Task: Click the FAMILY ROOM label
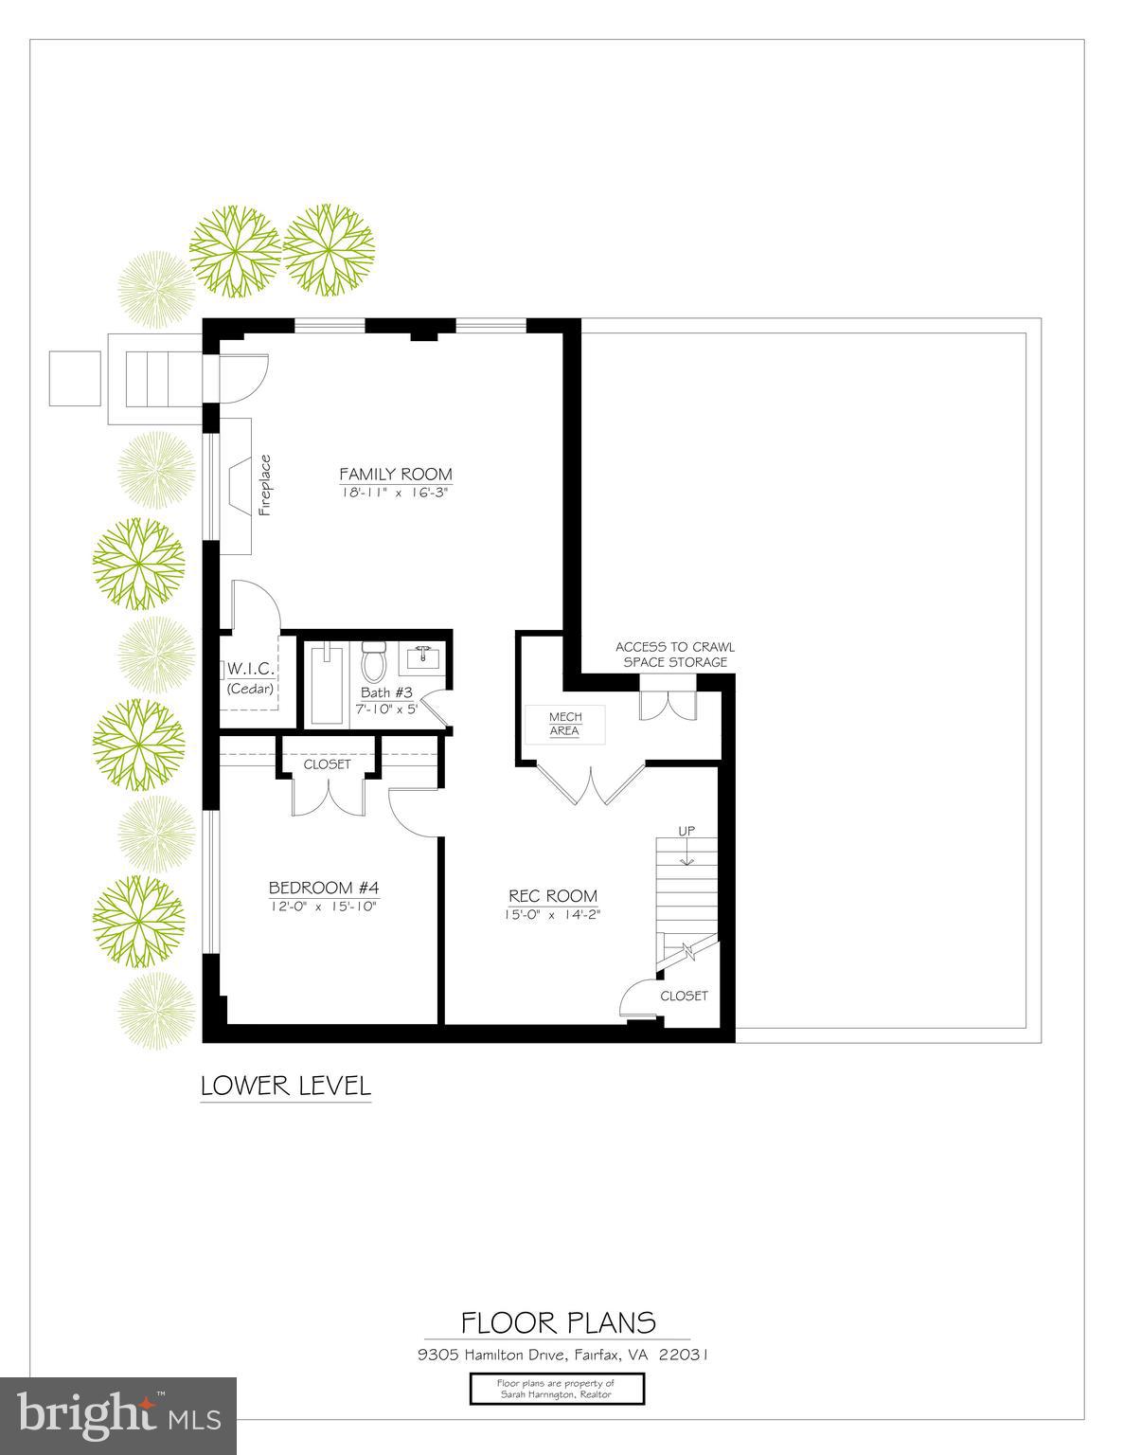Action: tap(396, 474)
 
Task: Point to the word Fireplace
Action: tap(265, 485)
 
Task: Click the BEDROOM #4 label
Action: tap(324, 888)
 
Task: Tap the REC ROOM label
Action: tap(553, 895)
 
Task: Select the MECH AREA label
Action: tap(565, 724)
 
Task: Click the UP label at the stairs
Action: tap(686, 831)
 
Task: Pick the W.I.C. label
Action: tap(250, 670)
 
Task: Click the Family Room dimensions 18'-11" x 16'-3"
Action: tap(396, 493)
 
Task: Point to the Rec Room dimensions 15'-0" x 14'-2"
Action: tap(553, 914)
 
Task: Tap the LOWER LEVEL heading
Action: tap(286, 1085)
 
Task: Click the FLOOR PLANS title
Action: tap(558, 1321)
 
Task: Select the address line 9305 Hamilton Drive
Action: tap(562, 1355)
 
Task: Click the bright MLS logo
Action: tap(117, 1415)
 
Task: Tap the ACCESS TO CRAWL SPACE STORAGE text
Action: tap(675, 655)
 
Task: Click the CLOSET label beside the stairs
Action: tap(684, 996)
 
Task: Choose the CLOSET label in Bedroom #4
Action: tap(327, 763)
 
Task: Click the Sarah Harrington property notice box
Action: tap(557, 1389)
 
